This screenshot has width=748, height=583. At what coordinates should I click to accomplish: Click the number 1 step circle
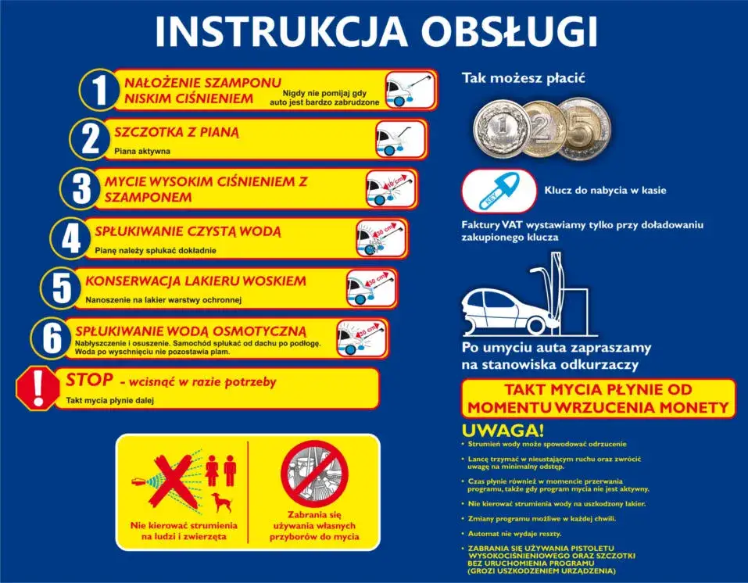(99, 90)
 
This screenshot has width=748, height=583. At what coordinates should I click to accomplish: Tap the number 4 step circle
(71, 238)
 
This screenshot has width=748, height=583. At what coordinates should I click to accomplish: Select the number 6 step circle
(52, 338)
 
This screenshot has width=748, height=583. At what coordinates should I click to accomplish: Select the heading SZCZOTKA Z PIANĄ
(177, 132)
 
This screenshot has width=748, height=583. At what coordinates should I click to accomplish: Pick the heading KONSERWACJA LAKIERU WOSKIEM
(195, 281)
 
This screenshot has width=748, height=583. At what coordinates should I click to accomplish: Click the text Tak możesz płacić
(523, 78)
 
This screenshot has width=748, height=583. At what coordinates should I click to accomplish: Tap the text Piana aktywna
(141, 151)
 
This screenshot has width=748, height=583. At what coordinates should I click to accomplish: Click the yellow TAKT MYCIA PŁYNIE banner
(598, 398)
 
